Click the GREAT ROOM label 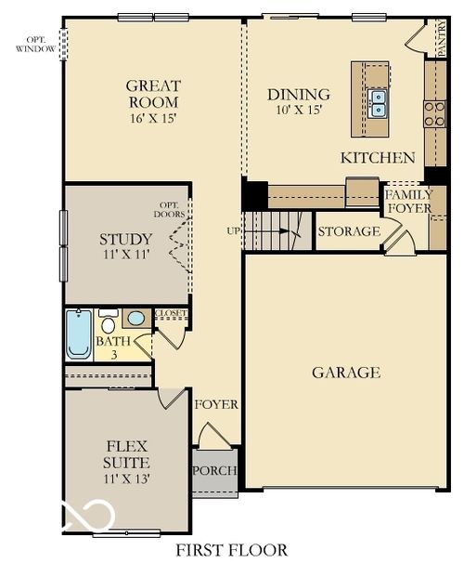[154, 94]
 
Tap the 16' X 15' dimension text [153, 119]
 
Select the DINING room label [298, 94]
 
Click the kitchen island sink [377, 102]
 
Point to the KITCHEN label [378, 157]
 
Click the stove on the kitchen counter [434, 113]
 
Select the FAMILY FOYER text [408, 202]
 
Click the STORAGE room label [349, 231]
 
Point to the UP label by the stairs [234, 229]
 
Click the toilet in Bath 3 [108, 323]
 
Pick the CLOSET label [171, 314]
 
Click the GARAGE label [345, 373]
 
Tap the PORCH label [214, 470]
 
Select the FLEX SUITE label [126, 453]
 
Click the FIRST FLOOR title [231, 550]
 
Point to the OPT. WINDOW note [35, 44]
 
